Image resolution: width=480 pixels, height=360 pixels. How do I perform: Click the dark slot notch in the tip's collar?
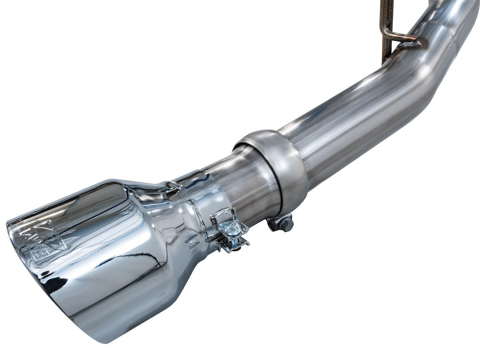(x=171, y=186)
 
